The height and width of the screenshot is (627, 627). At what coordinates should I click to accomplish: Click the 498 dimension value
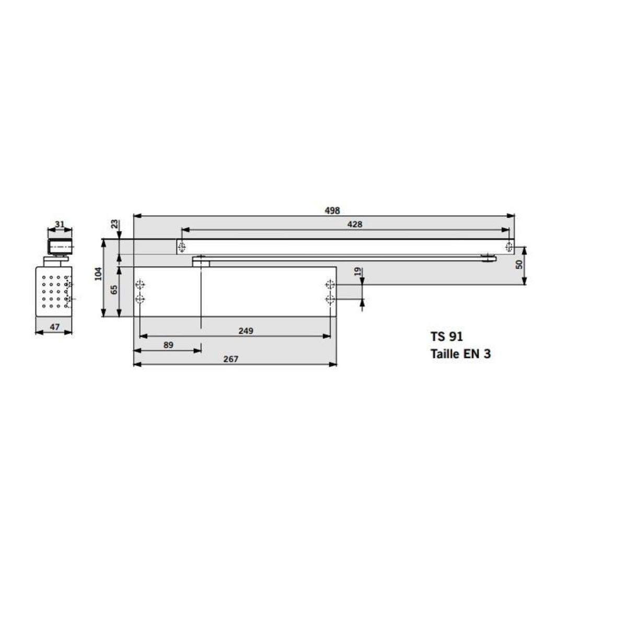[332, 211]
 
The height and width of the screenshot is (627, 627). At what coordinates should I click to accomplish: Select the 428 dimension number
[355, 224]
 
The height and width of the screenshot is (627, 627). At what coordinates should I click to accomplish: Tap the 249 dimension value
[246, 331]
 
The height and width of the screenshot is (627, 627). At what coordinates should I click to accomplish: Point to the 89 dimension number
[168, 345]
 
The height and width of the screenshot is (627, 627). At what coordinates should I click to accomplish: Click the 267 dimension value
[230, 359]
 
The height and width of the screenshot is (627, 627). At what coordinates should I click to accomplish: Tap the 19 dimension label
[357, 272]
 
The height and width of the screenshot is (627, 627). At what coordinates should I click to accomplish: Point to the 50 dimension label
[519, 264]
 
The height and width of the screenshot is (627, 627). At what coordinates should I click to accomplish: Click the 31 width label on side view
[60, 224]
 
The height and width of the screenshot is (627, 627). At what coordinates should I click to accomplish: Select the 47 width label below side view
[54, 327]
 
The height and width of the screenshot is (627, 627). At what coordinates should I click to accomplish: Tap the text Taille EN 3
[460, 354]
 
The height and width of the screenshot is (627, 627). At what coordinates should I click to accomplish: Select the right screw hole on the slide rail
[508, 247]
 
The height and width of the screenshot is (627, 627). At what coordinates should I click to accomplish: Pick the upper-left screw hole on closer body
[140, 285]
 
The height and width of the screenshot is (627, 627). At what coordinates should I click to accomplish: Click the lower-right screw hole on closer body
[329, 299]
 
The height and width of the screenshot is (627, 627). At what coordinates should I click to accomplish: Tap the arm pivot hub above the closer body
[201, 260]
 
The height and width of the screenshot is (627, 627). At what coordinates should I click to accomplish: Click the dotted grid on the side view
[53, 289]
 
